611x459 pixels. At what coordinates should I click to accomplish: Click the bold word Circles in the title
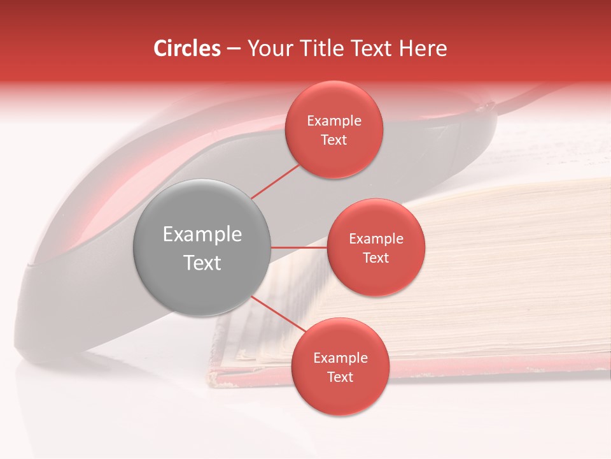[186, 48]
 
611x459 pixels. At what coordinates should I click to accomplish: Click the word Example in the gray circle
[202, 235]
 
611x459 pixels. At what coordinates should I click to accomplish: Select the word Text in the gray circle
[202, 263]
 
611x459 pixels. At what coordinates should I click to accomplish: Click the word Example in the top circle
[334, 121]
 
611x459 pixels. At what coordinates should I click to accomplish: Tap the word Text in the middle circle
[376, 258]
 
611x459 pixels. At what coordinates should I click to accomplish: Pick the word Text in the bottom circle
[340, 377]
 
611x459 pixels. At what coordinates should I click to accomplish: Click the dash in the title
[234, 49]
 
